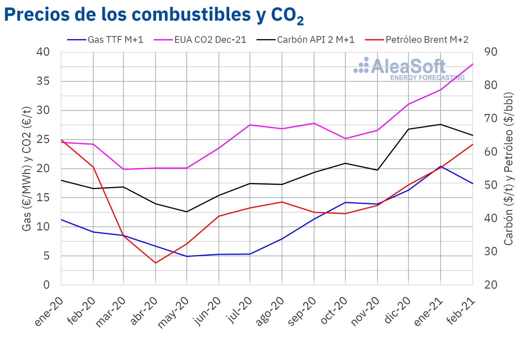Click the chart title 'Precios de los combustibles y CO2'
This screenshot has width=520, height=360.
[x=154, y=16]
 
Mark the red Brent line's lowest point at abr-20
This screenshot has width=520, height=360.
[x=156, y=263]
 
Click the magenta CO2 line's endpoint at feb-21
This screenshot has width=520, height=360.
[x=472, y=64]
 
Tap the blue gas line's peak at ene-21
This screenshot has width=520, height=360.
[x=441, y=166]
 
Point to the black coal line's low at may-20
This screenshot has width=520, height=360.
[x=187, y=212]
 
